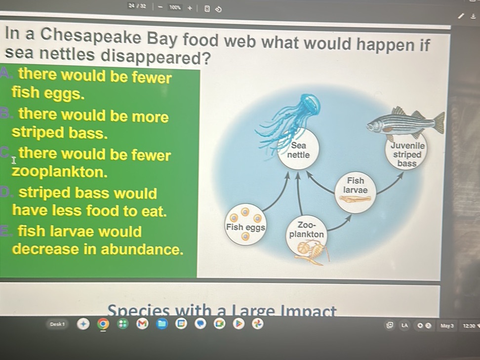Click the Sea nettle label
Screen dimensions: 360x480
(x=298, y=150)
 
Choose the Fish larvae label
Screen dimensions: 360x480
(x=355, y=186)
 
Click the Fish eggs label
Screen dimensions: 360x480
(x=245, y=228)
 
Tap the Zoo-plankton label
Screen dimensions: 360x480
(x=307, y=230)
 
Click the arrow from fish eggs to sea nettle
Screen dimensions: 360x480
(x=276, y=192)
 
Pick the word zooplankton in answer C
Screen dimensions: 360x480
(x=60, y=173)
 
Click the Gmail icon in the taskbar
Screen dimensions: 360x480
(x=142, y=324)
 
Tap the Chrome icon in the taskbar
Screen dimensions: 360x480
(x=103, y=324)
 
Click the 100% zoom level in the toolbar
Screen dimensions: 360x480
(x=174, y=7)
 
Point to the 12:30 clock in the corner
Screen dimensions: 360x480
(x=468, y=325)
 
